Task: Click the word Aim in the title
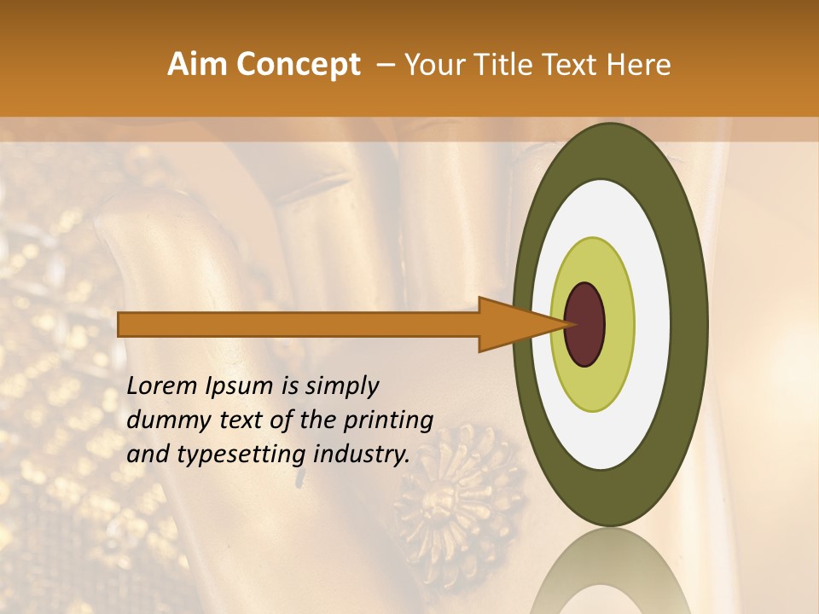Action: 198,65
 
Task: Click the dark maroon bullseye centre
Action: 585,324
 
